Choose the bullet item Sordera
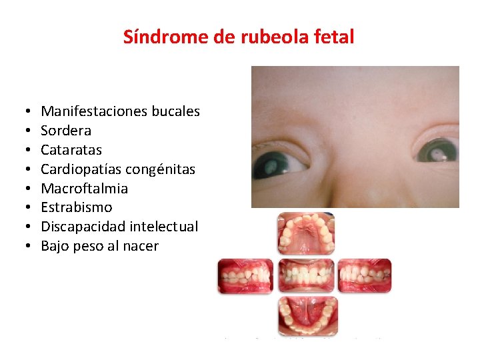pos(66,131)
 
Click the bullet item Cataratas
pos(71,150)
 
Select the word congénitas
pos(163,169)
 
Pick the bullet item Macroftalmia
pos(84,189)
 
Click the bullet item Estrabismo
pos(77,207)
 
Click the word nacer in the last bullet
pos(141,246)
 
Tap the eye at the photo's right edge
pos(437,150)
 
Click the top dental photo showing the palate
pos(306,234)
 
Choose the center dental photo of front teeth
pos(306,275)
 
